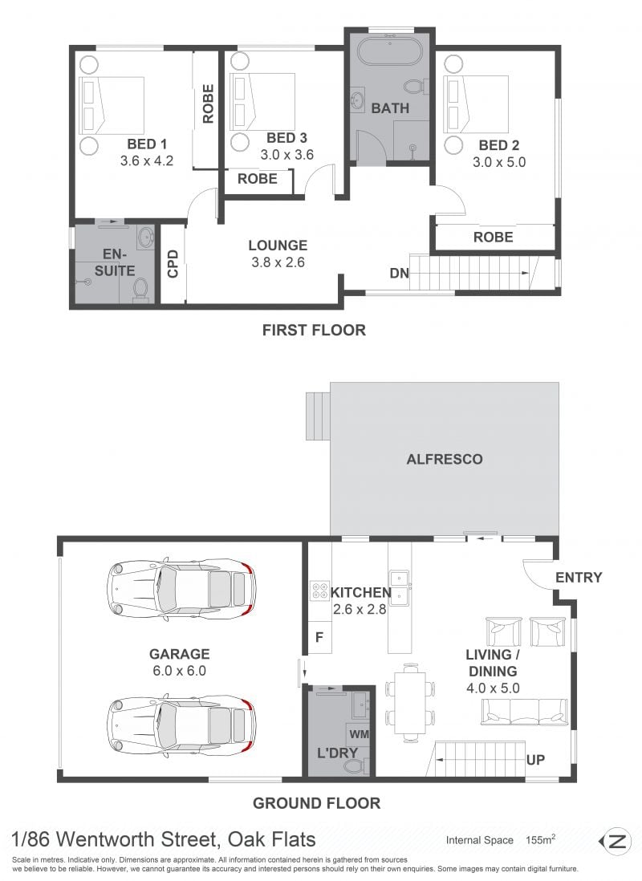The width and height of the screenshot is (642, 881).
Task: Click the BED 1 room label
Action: point(147,144)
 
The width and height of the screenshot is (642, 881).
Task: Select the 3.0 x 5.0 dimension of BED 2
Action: point(499,162)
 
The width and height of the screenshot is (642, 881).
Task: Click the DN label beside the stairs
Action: point(399,274)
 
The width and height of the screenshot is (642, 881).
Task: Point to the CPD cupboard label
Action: point(173,263)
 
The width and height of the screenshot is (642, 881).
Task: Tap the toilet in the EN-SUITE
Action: point(140,290)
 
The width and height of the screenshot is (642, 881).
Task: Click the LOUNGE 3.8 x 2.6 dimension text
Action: point(278,262)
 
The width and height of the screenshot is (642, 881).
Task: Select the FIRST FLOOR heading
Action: point(314,330)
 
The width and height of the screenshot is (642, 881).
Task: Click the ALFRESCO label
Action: point(444,459)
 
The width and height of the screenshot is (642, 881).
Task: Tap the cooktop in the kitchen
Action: point(320,591)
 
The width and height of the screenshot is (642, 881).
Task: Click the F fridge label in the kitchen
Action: point(319,637)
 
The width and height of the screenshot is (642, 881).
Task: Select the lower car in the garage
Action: point(181,725)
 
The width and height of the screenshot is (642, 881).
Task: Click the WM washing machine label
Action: point(360,734)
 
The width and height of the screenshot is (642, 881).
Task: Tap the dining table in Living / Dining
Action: point(410,703)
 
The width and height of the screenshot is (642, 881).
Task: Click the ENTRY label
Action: point(579,578)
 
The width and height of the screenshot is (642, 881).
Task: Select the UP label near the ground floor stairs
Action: point(535,760)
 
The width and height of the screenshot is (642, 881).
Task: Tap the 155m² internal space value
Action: point(540,840)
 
